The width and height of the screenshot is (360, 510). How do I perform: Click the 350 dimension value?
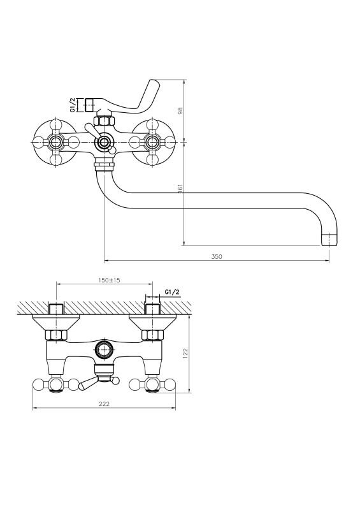coord(217,257)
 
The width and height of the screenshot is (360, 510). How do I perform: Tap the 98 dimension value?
coord(181,110)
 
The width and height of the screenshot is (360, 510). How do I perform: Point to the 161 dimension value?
coord(181,189)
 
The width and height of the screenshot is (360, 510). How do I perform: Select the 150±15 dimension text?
coord(109,280)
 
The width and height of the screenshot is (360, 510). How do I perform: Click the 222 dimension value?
coord(104,404)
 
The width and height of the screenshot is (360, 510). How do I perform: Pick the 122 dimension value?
coord(185,353)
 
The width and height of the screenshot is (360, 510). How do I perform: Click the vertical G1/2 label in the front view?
coord(73,105)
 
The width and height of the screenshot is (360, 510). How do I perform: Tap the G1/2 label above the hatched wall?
coord(172,292)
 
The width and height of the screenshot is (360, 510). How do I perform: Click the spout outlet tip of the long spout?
coord(329,240)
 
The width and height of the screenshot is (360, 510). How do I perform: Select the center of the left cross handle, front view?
coord(56,142)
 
